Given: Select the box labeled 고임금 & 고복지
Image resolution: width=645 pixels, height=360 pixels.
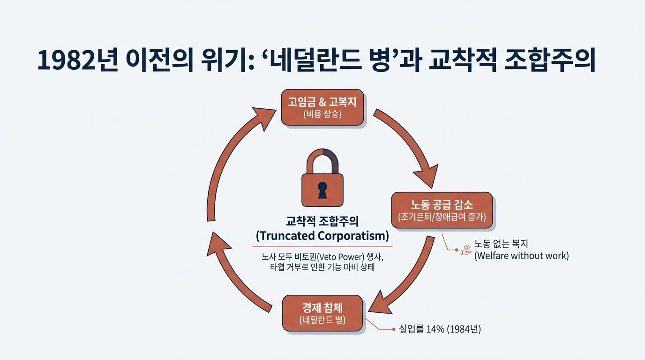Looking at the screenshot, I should (x=322, y=107).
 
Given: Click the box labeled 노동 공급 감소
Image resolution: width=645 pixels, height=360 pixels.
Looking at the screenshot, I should (x=442, y=210).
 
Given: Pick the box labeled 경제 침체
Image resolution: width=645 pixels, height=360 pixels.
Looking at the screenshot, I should (x=322, y=313).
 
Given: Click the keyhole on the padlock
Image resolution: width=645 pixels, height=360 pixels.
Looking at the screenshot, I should (x=322, y=188).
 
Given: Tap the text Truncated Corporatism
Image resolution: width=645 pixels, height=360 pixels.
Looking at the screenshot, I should (x=322, y=235).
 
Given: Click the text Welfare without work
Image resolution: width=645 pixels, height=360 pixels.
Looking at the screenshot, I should (x=521, y=256).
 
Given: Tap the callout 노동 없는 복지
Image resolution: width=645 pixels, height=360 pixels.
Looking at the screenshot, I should (x=502, y=244).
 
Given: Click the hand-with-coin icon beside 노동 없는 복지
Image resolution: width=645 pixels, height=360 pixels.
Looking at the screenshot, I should (x=466, y=249).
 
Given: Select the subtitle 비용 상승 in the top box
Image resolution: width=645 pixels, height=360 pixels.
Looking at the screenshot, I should (x=322, y=114).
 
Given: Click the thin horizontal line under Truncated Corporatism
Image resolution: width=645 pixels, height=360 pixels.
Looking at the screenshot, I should (x=322, y=246).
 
